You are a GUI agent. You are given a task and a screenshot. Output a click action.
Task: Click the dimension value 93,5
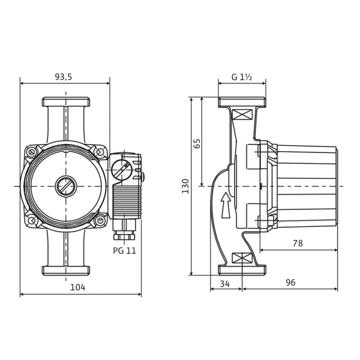[x=64, y=77]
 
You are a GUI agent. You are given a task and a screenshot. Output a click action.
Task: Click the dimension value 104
[x=77, y=287]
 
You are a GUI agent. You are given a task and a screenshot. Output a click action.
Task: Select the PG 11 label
[x=124, y=251]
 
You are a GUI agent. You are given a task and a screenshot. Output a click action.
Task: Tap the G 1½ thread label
[x=242, y=77]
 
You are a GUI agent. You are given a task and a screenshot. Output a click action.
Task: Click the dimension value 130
[x=185, y=185]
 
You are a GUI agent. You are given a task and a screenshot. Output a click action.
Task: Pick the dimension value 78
[x=298, y=244]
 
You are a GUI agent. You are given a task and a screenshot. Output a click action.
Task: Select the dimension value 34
[x=226, y=283]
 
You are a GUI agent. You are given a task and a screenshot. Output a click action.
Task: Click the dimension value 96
[x=290, y=283]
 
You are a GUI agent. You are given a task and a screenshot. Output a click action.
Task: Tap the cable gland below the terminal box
[x=125, y=227]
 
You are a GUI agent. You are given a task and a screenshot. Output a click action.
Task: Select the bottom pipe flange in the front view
[x=66, y=270]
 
